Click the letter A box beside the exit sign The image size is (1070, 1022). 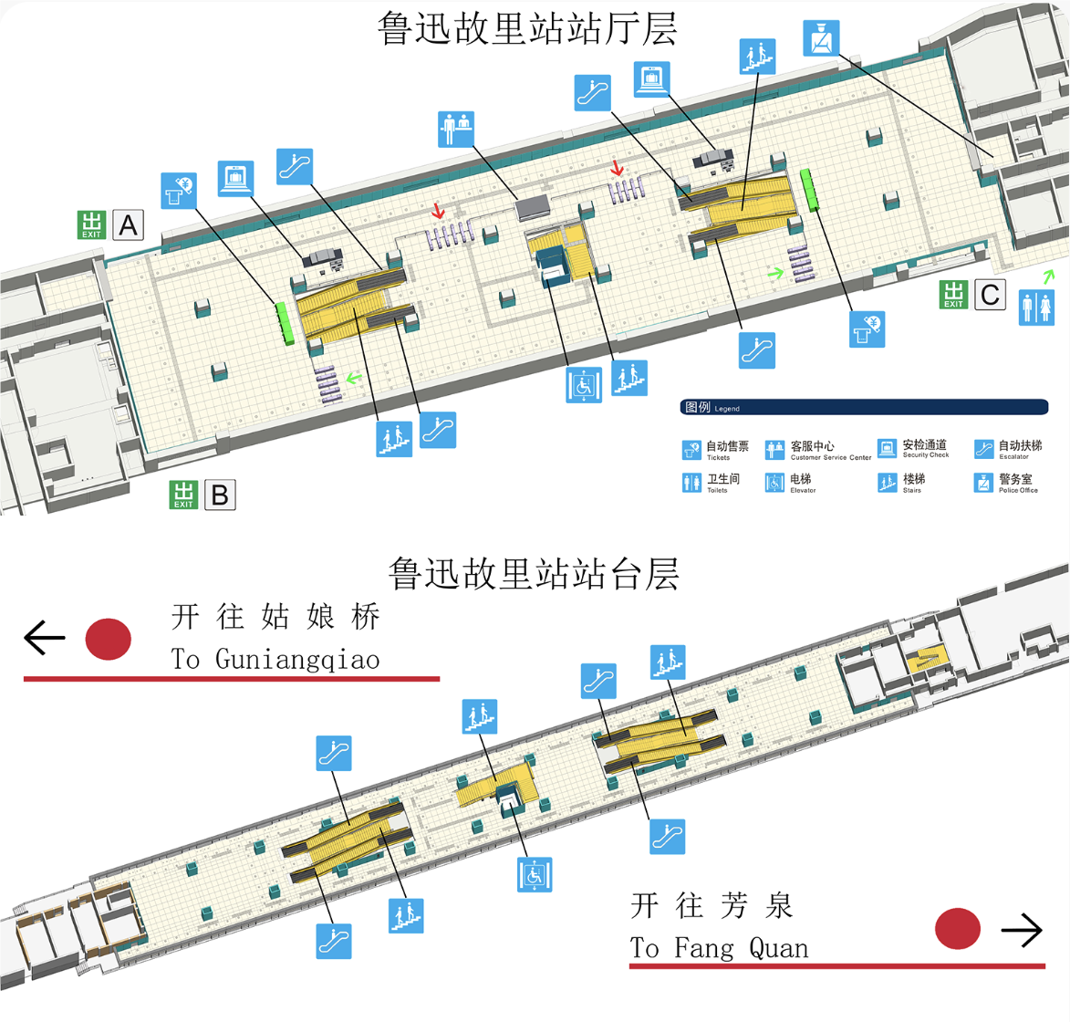[129, 224]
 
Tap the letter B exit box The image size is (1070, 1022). [220, 495]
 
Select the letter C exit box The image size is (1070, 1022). [990, 295]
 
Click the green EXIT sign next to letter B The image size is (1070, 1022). [183, 495]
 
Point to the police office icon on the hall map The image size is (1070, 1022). [821, 38]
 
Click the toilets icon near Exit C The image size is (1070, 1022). [1035, 308]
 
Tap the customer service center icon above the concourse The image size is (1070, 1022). [456, 130]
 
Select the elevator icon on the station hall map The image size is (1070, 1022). [584, 384]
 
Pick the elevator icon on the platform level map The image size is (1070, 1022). [535, 875]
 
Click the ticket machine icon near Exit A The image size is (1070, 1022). [179, 191]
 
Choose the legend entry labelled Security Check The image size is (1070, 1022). [913, 448]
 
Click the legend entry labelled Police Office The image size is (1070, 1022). [1006, 483]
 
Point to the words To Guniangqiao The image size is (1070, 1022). [275, 659]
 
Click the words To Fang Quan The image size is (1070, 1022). [719, 948]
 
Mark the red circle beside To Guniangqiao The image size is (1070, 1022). [109, 639]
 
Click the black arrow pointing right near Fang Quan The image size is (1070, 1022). [1022, 930]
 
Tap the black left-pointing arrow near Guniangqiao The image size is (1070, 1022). [44, 638]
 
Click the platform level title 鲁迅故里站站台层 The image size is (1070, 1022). [534, 575]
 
